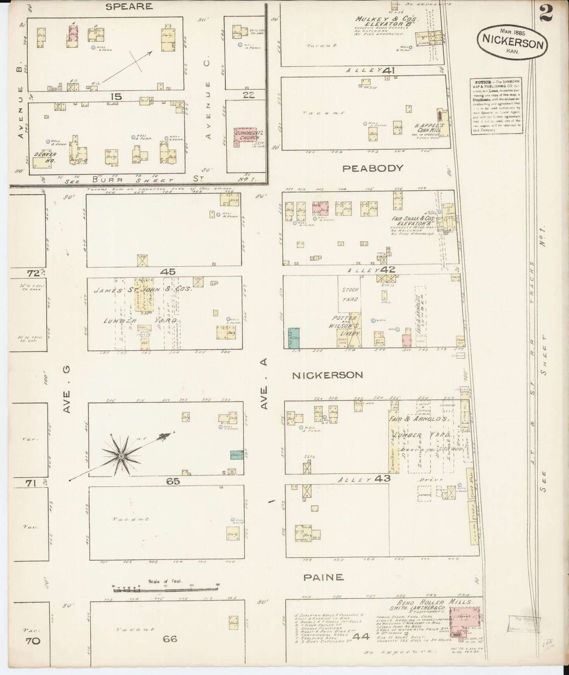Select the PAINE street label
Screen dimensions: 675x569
click(323, 578)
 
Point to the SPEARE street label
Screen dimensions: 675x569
click(124, 6)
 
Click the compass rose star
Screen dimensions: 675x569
click(121, 456)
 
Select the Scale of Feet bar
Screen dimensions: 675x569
click(165, 590)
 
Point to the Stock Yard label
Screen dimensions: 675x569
click(350, 295)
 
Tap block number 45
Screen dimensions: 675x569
click(168, 272)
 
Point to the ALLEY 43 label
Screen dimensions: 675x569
click(365, 479)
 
